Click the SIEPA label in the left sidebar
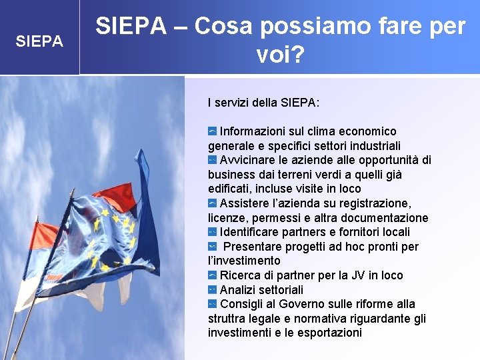tap(39, 41)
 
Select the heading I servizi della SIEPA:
tap(263, 103)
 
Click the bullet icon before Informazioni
tap(212, 131)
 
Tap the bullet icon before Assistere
tap(212, 203)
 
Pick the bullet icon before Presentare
tap(212, 247)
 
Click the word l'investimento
tap(244, 261)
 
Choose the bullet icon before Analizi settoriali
tap(212, 290)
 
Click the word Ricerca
tap(241, 275)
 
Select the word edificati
tap(231, 189)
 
